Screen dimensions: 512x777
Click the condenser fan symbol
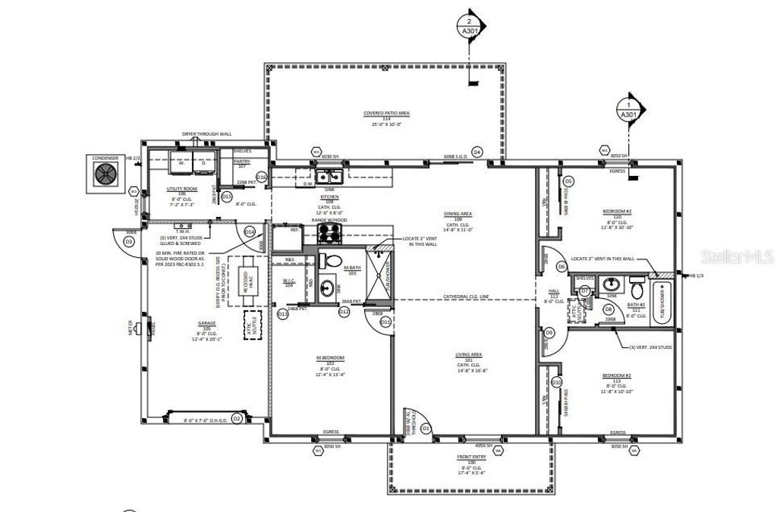click(105, 174)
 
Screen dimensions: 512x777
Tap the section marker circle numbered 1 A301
click(628, 110)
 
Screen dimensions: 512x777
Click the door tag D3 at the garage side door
click(129, 241)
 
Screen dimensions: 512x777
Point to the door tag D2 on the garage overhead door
click(236, 418)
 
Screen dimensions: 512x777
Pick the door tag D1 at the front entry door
click(426, 429)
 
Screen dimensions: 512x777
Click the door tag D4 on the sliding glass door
click(477, 152)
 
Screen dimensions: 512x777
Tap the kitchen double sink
click(329, 177)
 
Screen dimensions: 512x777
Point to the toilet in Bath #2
click(637, 289)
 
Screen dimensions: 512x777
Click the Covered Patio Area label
click(386, 117)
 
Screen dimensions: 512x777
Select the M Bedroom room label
click(331, 361)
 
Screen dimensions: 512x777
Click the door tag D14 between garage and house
click(249, 231)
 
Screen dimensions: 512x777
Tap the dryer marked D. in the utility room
click(203, 161)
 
